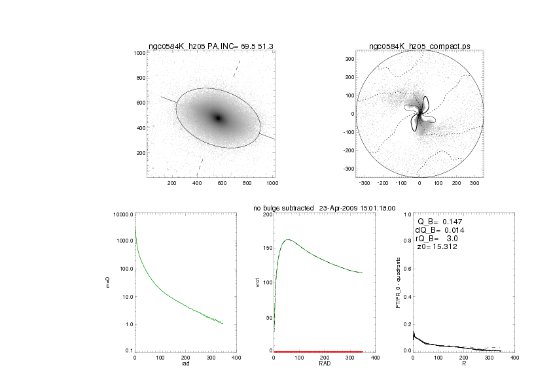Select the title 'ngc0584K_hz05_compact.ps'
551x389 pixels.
(x=419, y=46)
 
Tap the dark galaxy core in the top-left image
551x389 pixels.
(x=218, y=118)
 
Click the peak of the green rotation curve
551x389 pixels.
(x=289, y=239)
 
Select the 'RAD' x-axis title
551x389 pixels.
(x=325, y=364)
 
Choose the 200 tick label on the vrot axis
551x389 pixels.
(x=266, y=214)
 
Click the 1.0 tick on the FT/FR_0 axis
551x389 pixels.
(x=406, y=214)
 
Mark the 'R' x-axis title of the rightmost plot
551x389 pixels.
(x=463, y=364)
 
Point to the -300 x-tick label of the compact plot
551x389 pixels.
(x=364, y=182)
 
